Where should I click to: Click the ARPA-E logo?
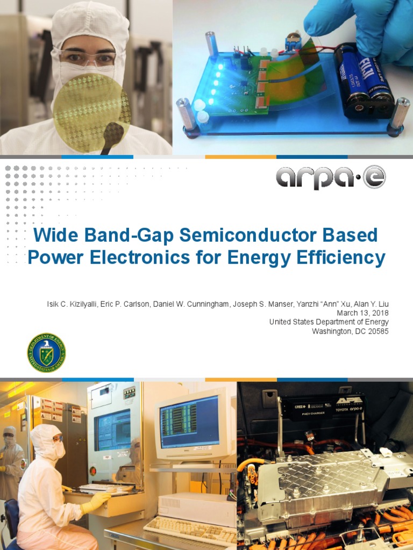tap(331, 178)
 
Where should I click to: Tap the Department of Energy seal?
tap(46, 352)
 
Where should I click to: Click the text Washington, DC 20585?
tap(350, 331)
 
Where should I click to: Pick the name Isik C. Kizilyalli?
tap(71, 305)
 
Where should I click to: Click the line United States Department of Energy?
tap(329, 322)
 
